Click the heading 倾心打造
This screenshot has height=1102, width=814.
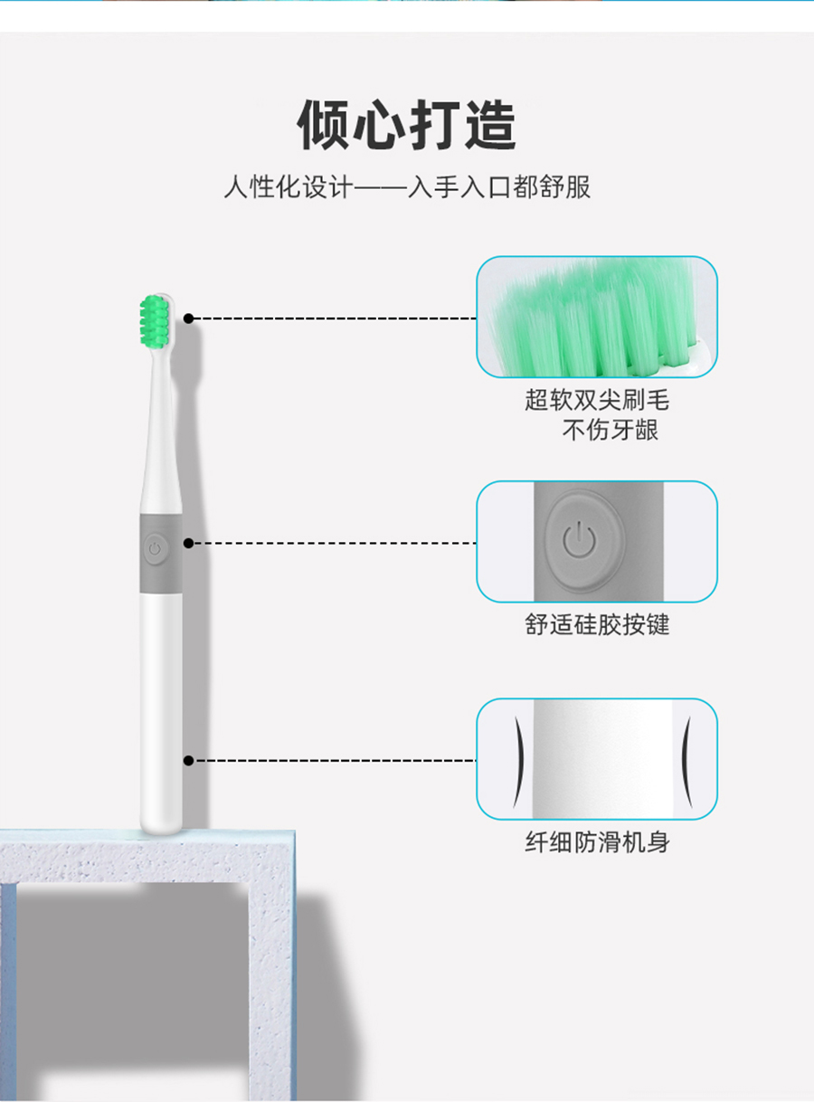pos(407,125)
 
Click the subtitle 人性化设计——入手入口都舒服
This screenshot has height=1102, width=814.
pos(407,187)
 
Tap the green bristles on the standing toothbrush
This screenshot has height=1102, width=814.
pos(155,321)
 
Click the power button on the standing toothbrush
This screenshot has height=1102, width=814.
pos(155,549)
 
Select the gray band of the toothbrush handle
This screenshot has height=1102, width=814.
pos(161,554)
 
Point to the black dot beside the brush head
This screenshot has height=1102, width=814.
pos(188,318)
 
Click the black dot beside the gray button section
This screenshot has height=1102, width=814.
pos(188,543)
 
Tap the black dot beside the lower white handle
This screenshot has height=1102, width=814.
pos(188,761)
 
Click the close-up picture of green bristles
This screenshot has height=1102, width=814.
pos(597,317)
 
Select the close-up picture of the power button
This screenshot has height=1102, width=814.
pos(597,542)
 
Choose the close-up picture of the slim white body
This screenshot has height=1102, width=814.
pos(597,759)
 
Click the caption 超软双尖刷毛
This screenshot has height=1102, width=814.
pos(597,400)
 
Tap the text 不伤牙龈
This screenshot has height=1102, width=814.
pos(610,430)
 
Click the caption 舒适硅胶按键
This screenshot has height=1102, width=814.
pos(597,624)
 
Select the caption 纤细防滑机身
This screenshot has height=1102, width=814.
pos(597,842)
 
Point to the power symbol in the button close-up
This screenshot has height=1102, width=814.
pos(579,539)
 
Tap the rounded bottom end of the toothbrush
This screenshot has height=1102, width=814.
pos(161,826)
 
